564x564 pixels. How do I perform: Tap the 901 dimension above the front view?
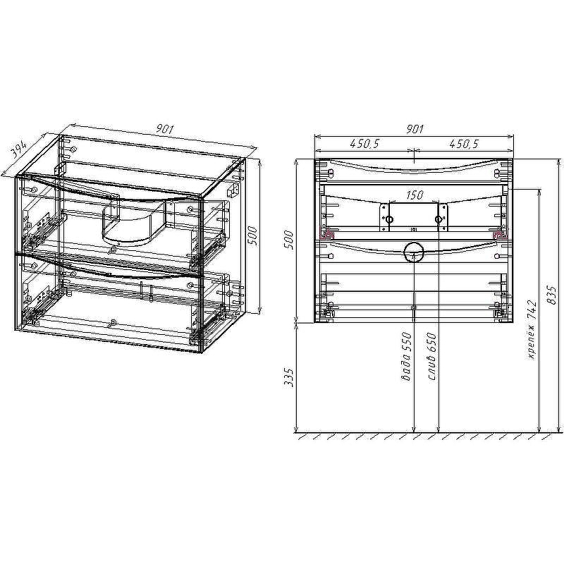tap(415, 128)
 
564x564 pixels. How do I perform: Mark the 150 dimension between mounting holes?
tap(414, 195)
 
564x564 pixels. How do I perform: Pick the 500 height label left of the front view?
tap(287, 240)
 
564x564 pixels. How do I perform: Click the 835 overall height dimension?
tap(551, 296)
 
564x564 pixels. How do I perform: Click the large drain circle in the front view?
tap(413, 251)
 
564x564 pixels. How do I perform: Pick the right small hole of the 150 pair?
tap(439, 220)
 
